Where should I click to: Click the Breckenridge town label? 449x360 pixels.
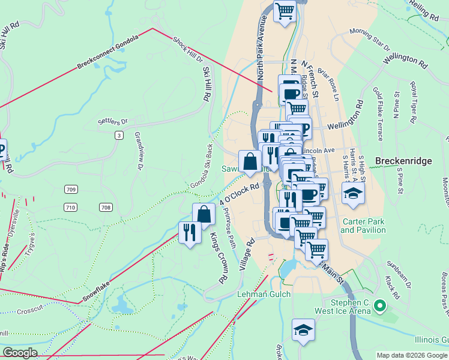403,161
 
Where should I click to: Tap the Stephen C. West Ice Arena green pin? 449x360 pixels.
379,307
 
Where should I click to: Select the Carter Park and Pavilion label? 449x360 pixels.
363,226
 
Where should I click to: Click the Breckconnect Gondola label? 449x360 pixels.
108,52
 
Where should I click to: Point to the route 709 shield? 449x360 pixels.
71,190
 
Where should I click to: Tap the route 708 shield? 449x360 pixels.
106,208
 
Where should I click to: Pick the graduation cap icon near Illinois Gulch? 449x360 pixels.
303,329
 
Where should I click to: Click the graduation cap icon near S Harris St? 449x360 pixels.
352,193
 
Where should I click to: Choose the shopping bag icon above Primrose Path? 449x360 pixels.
204,214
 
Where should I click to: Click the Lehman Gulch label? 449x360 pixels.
264,294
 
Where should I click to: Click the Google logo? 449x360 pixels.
20,353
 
